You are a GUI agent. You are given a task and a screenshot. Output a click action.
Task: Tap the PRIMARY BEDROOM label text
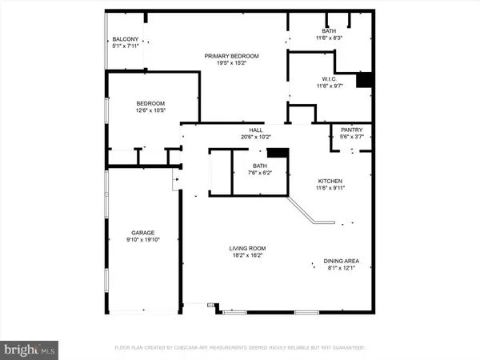point(231,55)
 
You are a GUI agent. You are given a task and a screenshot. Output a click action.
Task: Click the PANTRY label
point(351,130)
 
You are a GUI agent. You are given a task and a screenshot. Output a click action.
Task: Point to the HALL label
point(255,130)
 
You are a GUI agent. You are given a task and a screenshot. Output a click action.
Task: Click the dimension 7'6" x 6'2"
point(258,173)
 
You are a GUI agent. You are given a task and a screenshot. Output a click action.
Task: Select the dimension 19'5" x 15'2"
point(231,63)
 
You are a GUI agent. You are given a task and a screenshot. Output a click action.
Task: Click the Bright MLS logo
point(30,348)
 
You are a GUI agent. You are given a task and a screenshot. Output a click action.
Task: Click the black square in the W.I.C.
point(365,80)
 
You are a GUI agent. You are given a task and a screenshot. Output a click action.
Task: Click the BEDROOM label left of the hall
point(150,103)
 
